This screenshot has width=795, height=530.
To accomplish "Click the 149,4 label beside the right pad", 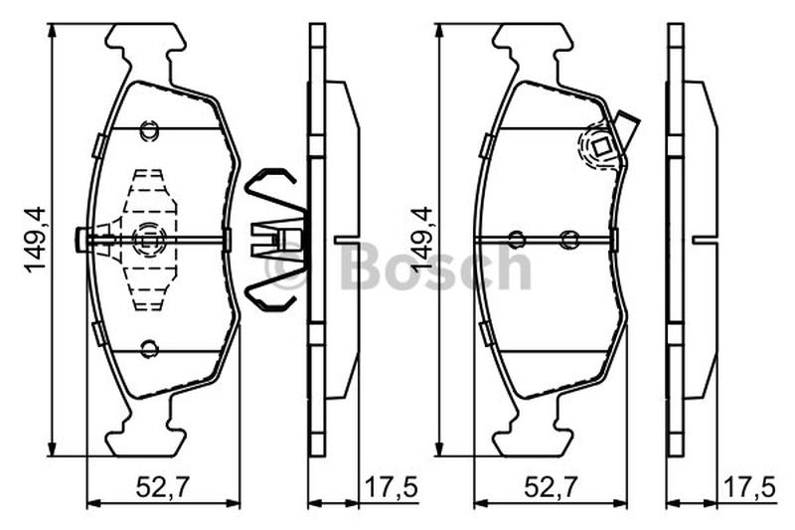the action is coord(421,240).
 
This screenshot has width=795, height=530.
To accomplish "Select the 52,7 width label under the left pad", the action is coord(162,488).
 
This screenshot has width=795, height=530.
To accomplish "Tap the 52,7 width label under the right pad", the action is coord(551,488).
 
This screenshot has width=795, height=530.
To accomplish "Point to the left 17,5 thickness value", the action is coord(392,488).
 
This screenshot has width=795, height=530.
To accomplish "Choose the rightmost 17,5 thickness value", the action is coord(749,488).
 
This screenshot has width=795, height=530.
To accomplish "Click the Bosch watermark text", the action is coord(437,266).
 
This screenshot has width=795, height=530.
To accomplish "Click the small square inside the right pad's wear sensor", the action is coord(602,148).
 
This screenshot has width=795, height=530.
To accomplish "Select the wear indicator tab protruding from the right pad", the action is coord(627,133).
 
